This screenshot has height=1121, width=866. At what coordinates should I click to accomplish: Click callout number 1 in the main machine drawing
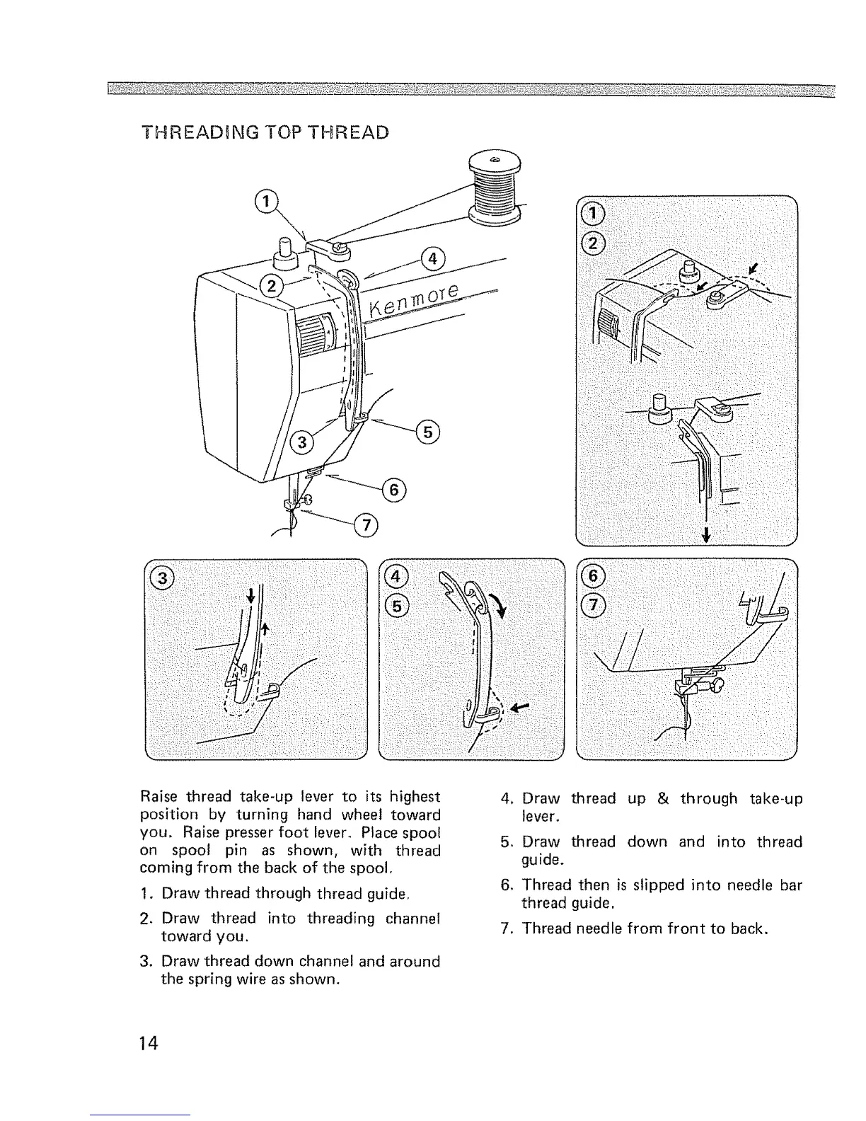[265, 202]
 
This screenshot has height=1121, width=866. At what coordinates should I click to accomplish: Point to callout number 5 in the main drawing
[428, 430]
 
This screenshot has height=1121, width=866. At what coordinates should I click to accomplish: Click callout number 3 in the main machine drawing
[302, 443]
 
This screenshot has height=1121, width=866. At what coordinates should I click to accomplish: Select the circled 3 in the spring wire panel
[163, 577]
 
